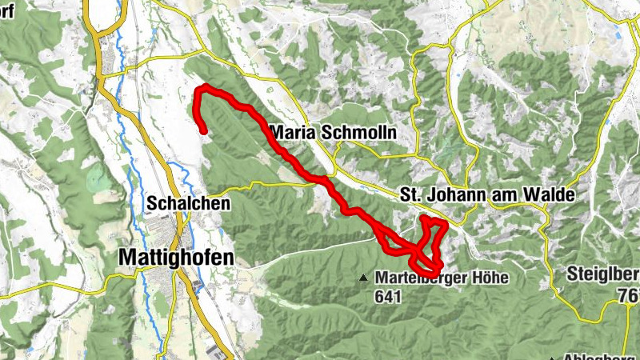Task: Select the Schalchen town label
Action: point(188,204)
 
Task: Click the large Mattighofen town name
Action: point(176,257)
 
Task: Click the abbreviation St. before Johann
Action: point(410,195)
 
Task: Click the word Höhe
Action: point(486,277)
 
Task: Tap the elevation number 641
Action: point(385,296)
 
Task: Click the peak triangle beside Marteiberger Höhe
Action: point(364,278)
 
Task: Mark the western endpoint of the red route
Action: point(205,130)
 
